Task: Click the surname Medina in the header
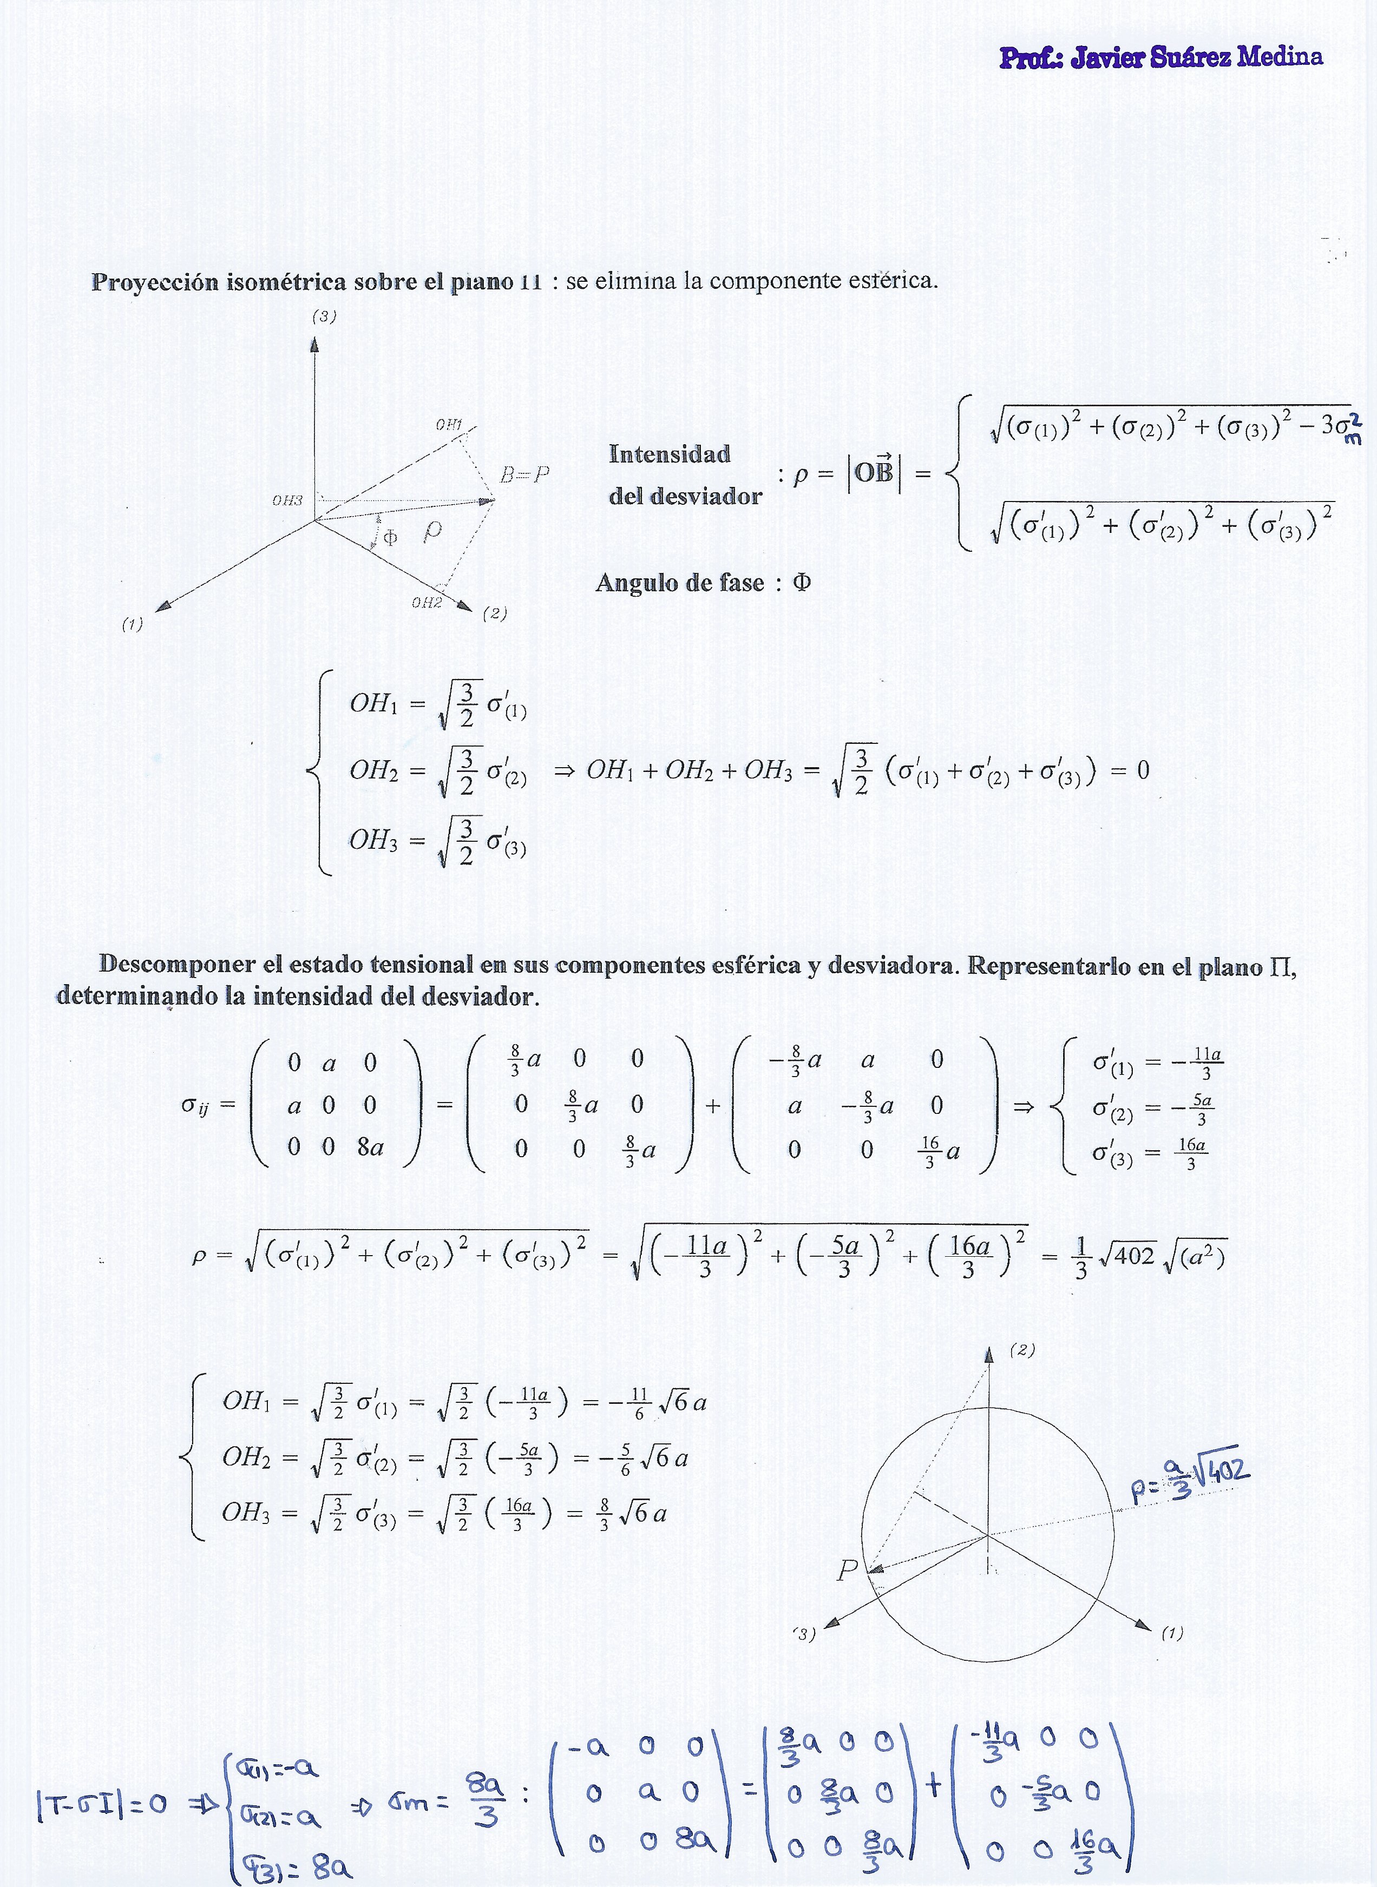pyautogui.click(x=1280, y=57)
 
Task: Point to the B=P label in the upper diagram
pyautogui.click(x=524, y=474)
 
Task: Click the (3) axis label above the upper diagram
pyautogui.click(x=324, y=316)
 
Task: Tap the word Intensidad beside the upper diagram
pyautogui.click(x=670, y=454)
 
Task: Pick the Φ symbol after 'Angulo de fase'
pyautogui.click(x=801, y=582)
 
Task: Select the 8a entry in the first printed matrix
pyautogui.click(x=370, y=1148)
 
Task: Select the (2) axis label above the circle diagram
pyautogui.click(x=1022, y=1350)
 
